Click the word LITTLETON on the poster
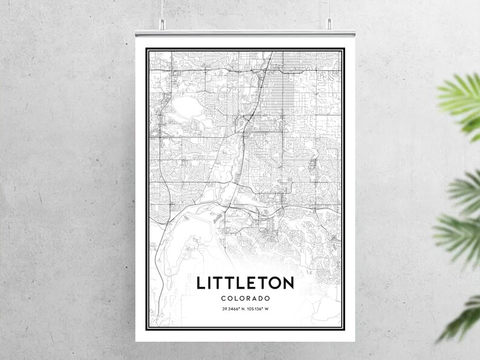(x=245, y=283)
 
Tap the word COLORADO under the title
(x=245, y=298)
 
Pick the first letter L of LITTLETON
(x=200, y=283)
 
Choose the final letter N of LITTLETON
(x=288, y=283)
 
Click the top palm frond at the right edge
(x=462, y=97)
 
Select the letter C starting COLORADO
(x=222, y=298)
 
